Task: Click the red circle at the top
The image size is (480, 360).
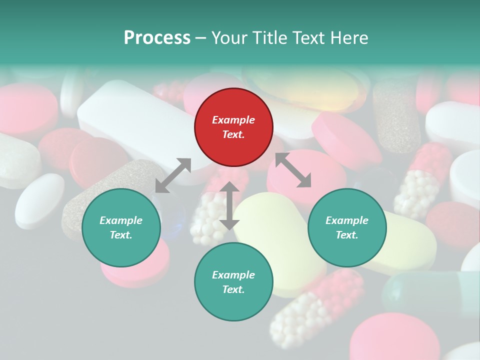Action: pyautogui.click(x=233, y=127)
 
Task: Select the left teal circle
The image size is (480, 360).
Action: pyautogui.click(x=121, y=227)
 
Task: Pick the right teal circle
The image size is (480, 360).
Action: pyautogui.click(x=347, y=227)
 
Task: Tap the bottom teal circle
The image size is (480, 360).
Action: pyautogui.click(x=233, y=282)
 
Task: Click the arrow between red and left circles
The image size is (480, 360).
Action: pyautogui.click(x=173, y=175)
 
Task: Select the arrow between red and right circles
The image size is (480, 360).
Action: pyautogui.click(x=293, y=170)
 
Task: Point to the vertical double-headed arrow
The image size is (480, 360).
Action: pyautogui.click(x=229, y=205)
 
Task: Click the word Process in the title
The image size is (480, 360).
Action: pyautogui.click(x=157, y=38)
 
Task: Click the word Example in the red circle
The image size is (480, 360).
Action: pyautogui.click(x=233, y=120)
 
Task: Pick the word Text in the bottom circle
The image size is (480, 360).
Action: pyautogui.click(x=232, y=289)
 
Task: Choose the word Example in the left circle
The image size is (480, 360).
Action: pyautogui.click(x=121, y=220)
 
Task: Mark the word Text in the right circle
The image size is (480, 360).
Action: pyautogui.click(x=346, y=235)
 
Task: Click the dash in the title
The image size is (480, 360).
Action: pyautogui.click(x=201, y=38)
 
